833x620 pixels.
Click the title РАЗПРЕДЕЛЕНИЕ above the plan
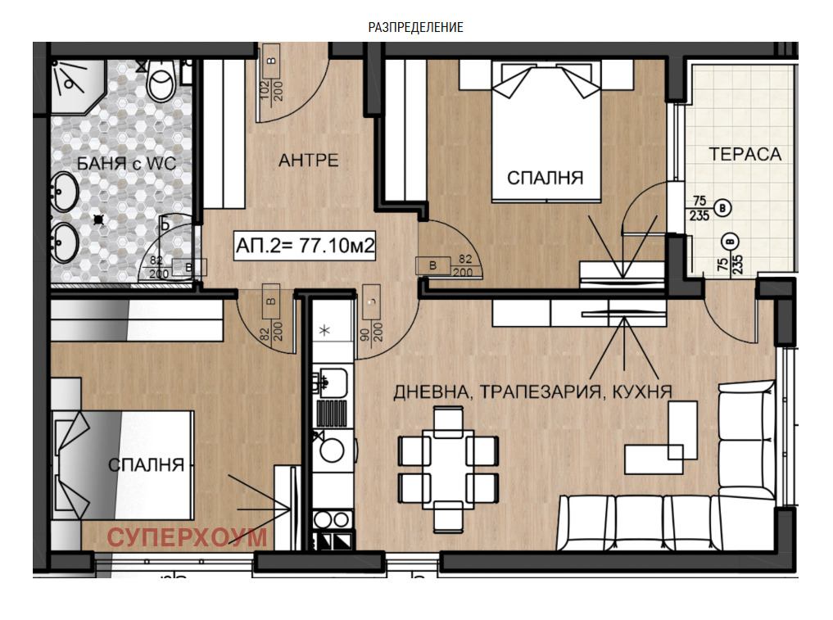pos(415,27)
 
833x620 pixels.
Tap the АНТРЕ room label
pos(309,160)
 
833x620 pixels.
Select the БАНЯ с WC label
pos(126,163)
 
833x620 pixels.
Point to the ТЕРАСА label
pos(745,154)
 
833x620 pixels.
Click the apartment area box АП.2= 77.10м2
pos(306,246)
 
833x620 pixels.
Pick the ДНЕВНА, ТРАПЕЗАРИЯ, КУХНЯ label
pos(533,392)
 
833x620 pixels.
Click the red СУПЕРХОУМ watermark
pos(187,537)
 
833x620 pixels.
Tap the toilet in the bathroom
pos(161,80)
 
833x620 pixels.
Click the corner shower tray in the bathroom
pos(76,85)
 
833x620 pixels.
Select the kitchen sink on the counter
pos(332,382)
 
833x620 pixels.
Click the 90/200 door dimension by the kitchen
pos(371,331)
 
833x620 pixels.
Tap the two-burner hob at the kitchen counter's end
pos(333,519)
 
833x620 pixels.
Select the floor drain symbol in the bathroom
pos(98,219)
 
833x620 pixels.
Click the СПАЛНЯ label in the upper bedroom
pos(545,178)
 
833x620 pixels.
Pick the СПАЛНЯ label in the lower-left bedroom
pos(146,465)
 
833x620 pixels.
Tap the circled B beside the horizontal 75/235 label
pos(722,208)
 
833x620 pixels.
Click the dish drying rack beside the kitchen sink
pos(332,413)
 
